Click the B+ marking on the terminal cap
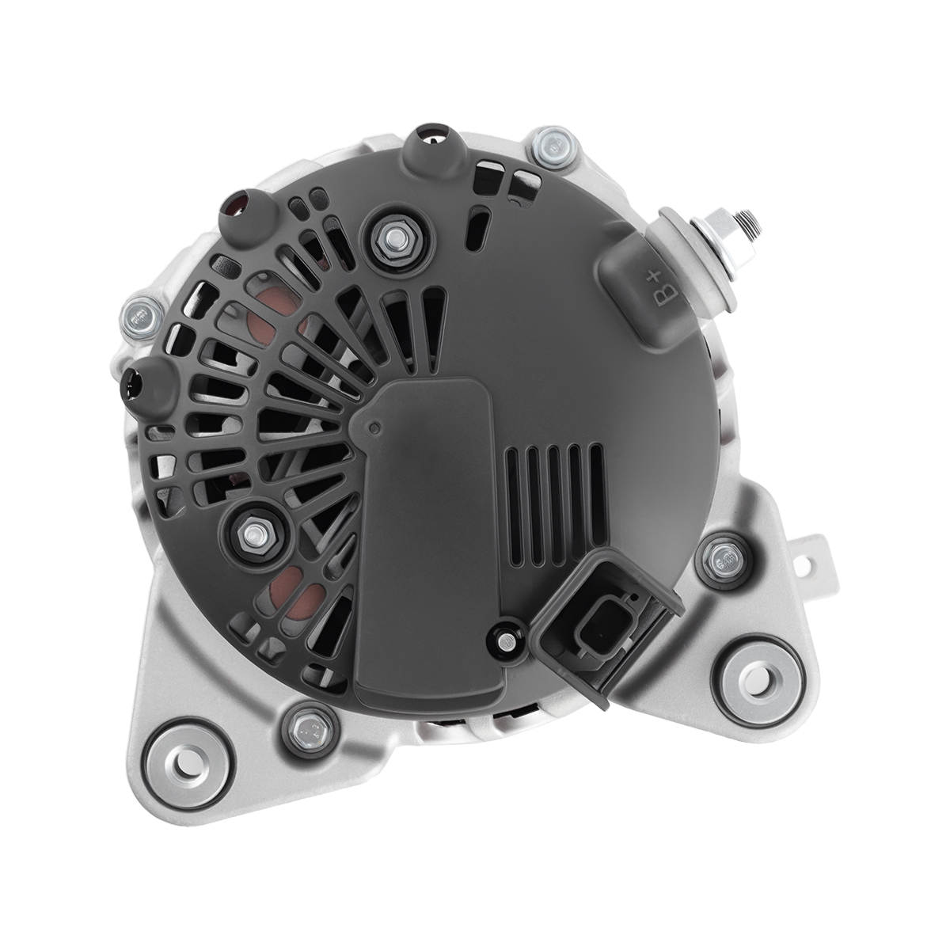point(666,291)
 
